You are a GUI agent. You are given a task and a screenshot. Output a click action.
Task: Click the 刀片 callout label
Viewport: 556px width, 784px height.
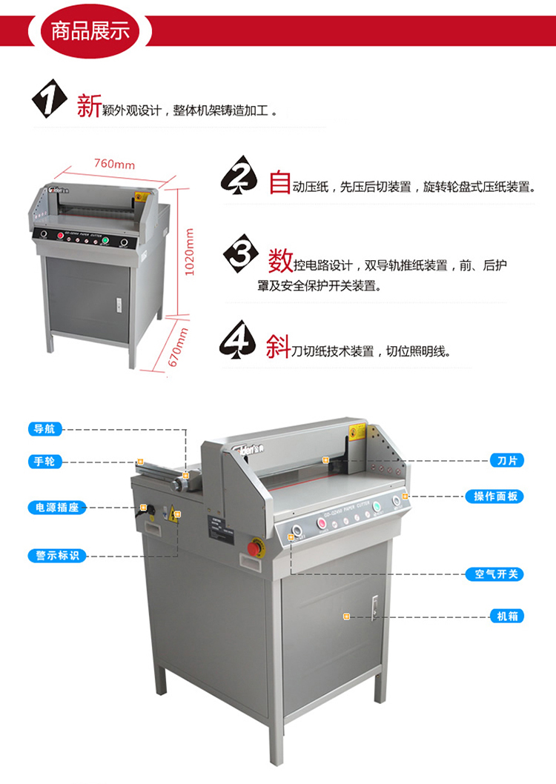pos(507,461)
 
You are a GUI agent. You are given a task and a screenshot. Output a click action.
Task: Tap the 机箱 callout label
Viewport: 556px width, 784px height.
pos(507,616)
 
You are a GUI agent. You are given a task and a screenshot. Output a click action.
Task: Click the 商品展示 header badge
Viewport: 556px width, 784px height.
pos(90,32)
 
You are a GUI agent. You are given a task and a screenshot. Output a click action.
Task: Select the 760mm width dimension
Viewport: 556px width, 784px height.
pos(114,165)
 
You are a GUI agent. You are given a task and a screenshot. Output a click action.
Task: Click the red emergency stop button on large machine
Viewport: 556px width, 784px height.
pos(254,548)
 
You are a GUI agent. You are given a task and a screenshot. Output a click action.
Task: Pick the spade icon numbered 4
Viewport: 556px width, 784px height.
pos(239,339)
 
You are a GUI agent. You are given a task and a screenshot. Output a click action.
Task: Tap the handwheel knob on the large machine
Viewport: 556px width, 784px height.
pos(177,484)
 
